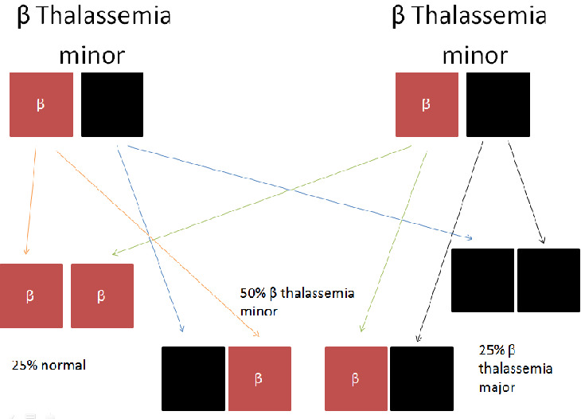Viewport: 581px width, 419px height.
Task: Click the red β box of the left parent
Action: pyautogui.click(x=41, y=104)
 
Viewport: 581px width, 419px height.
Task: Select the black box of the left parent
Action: pyautogui.click(x=112, y=104)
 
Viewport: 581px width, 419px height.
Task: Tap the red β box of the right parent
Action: pyautogui.click(x=427, y=104)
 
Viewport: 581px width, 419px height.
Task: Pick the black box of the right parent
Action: pyautogui.click(x=497, y=104)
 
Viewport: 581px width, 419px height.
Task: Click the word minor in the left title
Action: pyautogui.click(x=92, y=55)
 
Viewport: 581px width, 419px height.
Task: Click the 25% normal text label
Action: pyautogui.click(x=49, y=366)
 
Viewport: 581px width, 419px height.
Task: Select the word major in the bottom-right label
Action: pyautogui.click(x=496, y=388)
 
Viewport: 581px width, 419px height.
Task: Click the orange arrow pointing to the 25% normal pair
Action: pyautogui.click(x=29, y=199)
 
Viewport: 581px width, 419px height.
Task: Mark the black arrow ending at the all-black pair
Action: pyautogui.click(x=527, y=191)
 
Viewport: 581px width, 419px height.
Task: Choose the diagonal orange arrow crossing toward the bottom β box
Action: pyautogui.click(x=159, y=239)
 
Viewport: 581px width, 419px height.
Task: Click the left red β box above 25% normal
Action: pyautogui.click(x=31, y=296)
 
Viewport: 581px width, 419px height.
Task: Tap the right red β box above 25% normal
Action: pyautogui.click(x=102, y=296)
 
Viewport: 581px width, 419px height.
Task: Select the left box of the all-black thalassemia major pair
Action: pyautogui.click(x=482, y=280)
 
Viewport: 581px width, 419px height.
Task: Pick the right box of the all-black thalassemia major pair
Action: pyautogui.click(x=548, y=280)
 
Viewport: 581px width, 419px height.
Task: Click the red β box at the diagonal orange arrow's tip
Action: pyautogui.click(x=259, y=378)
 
